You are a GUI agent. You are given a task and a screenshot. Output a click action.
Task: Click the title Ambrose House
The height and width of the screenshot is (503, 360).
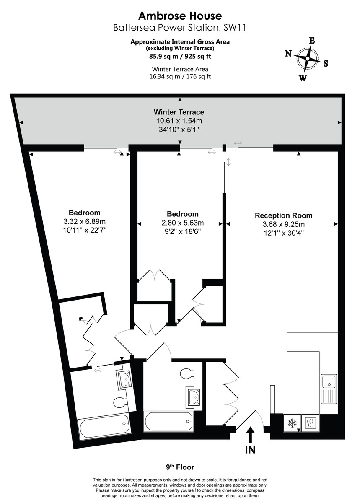point(180,16)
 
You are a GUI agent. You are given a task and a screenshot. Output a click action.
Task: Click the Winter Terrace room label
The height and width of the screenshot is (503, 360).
point(179,112)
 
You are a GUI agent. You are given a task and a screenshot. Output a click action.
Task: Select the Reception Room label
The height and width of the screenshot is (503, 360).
point(283,215)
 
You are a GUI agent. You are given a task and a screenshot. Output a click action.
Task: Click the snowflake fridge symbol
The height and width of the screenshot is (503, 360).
point(292,423)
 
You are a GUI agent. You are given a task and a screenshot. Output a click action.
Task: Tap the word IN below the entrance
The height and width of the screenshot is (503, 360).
point(250,450)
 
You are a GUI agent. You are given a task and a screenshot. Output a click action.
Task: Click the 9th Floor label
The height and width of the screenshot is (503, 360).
point(180,467)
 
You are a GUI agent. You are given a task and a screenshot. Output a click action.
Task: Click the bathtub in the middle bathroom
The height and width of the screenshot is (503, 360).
point(169,421)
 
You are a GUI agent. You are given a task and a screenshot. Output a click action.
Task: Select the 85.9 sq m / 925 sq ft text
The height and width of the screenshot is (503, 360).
point(180,55)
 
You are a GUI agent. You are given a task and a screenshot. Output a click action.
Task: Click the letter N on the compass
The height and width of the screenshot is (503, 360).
point(288,53)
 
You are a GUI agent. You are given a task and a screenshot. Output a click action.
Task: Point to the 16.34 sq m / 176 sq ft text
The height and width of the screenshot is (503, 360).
point(180,76)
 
